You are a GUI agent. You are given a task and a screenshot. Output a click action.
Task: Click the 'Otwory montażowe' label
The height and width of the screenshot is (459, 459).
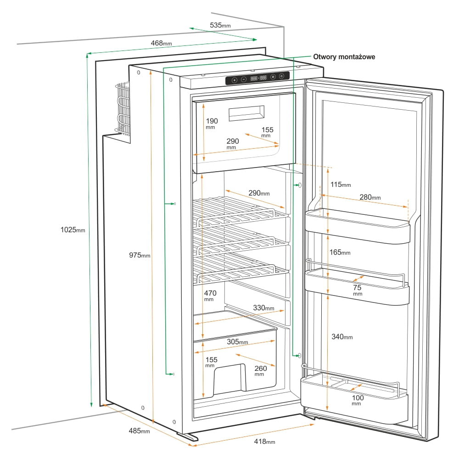(344, 57)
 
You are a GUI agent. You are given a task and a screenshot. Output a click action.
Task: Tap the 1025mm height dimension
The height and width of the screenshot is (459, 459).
(73, 229)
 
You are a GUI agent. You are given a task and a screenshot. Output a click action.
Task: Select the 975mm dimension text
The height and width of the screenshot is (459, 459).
(139, 255)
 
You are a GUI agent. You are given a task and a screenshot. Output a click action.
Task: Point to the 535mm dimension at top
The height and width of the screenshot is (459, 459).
(220, 25)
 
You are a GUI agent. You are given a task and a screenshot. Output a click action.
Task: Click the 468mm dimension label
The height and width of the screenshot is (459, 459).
(161, 43)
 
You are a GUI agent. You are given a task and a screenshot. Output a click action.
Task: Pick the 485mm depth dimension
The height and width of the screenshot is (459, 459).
(139, 431)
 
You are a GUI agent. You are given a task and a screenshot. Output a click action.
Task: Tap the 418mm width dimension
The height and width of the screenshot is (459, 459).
(264, 442)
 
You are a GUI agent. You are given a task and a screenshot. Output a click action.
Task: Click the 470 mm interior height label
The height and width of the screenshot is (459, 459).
(210, 295)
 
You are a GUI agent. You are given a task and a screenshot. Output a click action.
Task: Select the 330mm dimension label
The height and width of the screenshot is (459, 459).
(263, 308)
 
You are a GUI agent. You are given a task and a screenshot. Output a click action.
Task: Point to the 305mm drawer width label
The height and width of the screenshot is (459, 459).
(237, 342)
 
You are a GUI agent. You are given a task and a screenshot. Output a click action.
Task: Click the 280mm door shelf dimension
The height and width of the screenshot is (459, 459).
(370, 197)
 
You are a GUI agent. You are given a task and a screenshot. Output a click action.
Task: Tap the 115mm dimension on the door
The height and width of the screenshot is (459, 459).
(341, 185)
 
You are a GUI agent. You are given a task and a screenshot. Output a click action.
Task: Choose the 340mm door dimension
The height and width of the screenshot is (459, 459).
(342, 337)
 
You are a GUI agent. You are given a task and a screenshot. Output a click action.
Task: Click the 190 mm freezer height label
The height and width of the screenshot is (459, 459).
(212, 123)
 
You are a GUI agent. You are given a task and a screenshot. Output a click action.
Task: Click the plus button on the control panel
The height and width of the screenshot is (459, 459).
(234, 79)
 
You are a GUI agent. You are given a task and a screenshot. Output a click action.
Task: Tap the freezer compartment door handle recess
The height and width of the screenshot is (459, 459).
(246, 112)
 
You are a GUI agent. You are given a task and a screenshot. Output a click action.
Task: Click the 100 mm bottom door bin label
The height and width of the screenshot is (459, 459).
(357, 400)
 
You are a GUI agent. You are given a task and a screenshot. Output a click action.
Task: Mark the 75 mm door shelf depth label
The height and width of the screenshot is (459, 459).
(358, 290)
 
